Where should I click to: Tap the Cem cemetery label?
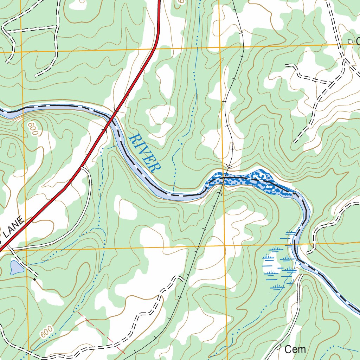(x=295, y=349)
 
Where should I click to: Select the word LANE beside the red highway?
(x=14, y=227)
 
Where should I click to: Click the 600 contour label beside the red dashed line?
(x=46, y=332)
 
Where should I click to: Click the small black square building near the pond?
(x=34, y=279)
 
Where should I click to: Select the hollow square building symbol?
(x=350, y=41)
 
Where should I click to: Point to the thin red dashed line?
(x=102, y=332)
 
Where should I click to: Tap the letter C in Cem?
(x=288, y=349)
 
